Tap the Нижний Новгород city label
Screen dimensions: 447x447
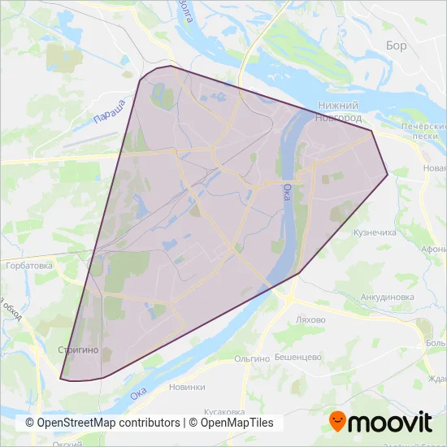click(x=339, y=112)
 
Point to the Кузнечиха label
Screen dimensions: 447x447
click(x=375, y=232)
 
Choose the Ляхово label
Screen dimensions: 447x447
click(x=311, y=319)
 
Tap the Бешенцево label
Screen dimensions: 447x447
click(x=297, y=357)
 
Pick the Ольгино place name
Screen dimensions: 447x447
click(x=251, y=358)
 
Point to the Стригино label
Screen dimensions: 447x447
click(x=78, y=349)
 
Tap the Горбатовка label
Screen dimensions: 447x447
click(x=28, y=265)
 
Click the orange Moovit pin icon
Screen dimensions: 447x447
click(x=339, y=421)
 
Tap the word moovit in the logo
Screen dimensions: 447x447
click(x=390, y=423)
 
